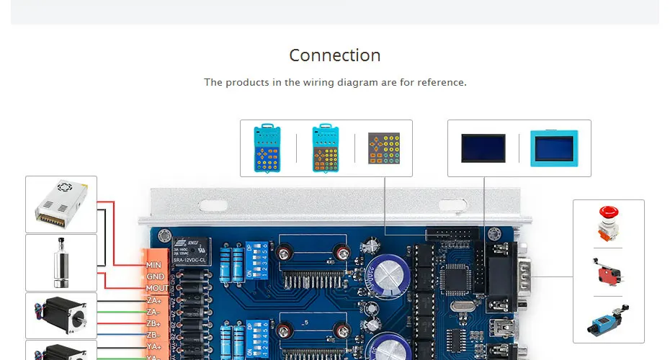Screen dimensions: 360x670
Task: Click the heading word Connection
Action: pyautogui.click(x=334, y=55)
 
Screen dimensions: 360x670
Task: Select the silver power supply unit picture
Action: pyautogui.click(x=61, y=204)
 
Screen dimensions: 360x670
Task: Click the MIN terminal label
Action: pyautogui.click(x=153, y=265)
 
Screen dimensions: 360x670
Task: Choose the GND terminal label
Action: pyautogui.click(x=155, y=276)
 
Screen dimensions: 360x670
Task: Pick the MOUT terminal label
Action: pyautogui.click(x=156, y=288)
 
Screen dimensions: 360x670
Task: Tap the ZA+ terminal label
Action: pyautogui.click(x=153, y=300)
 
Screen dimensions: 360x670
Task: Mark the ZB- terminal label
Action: pyautogui.click(x=153, y=335)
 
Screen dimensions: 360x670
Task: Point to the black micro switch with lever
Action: pyautogui.click(x=607, y=270)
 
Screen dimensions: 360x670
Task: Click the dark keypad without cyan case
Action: pyautogui.click(x=383, y=148)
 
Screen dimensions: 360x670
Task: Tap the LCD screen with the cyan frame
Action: pyautogui.click(x=554, y=148)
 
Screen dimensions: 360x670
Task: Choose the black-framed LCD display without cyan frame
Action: pyautogui.click(x=483, y=148)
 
